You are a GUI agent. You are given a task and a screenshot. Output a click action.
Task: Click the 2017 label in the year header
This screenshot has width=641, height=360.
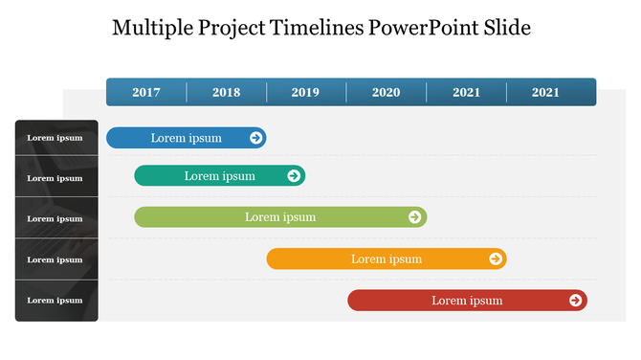click(146, 93)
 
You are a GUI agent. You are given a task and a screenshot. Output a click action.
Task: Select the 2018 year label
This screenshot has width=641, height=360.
click(227, 93)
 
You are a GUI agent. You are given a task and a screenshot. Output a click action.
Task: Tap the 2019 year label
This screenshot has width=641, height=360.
click(305, 93)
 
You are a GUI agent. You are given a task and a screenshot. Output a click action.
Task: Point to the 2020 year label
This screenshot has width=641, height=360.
click(386, 93)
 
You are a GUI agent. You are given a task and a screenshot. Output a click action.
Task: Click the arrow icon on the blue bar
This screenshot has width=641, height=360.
click(255, 138)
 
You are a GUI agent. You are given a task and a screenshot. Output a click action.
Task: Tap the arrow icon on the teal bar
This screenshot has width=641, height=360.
click(294, 176)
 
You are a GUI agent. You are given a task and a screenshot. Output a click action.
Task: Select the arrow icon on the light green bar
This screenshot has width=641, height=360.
click(414, 217)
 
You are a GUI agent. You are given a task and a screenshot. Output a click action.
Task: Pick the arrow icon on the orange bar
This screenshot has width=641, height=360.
click(495, 259)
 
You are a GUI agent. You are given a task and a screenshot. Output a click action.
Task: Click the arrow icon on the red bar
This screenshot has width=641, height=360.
click(575, 301)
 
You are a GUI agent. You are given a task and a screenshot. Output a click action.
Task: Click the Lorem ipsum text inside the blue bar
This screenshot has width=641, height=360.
click(186, 138)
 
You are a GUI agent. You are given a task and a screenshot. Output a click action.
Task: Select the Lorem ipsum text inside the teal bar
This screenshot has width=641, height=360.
click(220, 176)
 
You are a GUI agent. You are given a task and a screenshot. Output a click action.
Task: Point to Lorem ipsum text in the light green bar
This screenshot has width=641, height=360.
click(280, 217)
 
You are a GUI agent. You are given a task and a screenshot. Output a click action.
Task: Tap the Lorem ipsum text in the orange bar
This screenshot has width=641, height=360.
click(387, 259)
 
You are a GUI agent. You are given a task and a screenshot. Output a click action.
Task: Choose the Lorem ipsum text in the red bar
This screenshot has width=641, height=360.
click(467, 301)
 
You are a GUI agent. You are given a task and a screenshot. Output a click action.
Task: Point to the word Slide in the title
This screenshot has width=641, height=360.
click(506, 28)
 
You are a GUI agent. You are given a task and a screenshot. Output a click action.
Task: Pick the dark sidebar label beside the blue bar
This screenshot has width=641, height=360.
click(55, 138)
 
